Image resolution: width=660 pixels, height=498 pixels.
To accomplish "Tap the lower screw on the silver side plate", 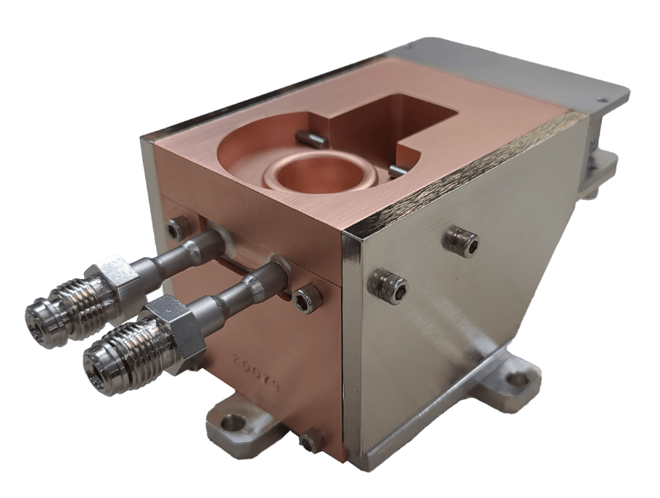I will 388,286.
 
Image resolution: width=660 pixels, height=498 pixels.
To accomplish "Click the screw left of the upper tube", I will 175,230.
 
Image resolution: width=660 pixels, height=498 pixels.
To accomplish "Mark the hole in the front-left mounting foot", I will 234,423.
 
